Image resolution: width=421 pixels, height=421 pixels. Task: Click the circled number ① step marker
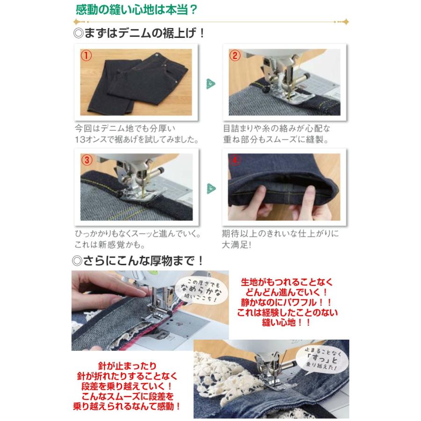(x=86, y=56)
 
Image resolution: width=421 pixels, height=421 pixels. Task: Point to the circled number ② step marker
(x=235, y=56)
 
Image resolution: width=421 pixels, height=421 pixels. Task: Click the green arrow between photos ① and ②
(x=211, y=84)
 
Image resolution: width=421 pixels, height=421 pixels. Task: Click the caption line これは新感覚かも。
(x=110, y=244)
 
